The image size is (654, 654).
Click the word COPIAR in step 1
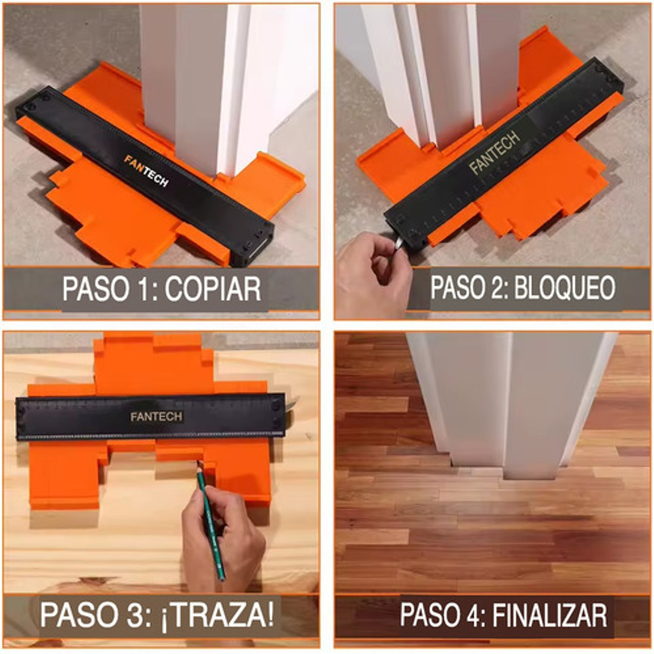coord(212,289)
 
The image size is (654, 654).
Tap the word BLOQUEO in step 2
coord(564,287)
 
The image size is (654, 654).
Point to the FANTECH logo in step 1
coord(146,170)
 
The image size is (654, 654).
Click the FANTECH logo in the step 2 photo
coord(495,152)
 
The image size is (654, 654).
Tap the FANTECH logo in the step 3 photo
coord(156,416)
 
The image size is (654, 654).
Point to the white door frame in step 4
coord(505,402)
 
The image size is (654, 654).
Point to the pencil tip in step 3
coord(198,463)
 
